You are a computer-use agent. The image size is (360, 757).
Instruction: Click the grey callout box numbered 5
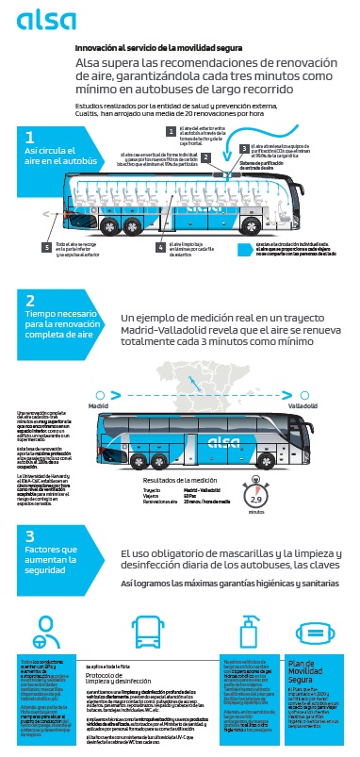pos(46,247)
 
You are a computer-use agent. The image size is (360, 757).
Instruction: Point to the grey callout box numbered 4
pos(162,247)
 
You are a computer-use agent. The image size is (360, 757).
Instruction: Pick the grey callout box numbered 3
pos(243,148)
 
